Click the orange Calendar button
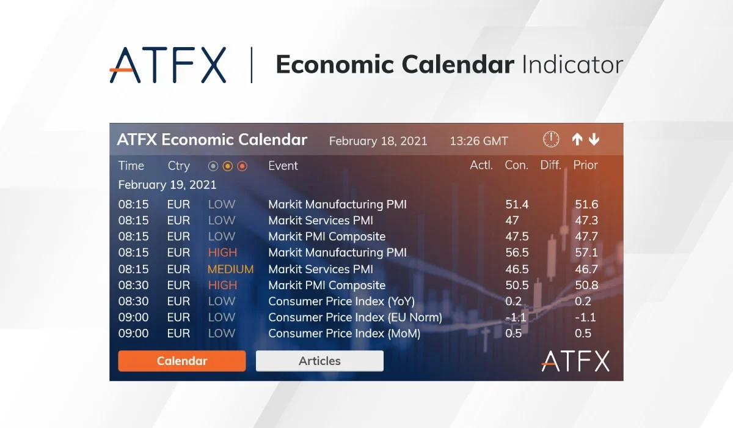[x=182, y=361]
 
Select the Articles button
[x=319, y=361]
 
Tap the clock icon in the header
[x=551, y=139]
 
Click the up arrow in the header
[x=577, y=139]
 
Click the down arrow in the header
[x=594, y=139]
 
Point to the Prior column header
[x=585, y=165]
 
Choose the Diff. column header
[x=551, y=165]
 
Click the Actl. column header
[x=481, y=165]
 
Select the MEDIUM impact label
[x=231, y=269]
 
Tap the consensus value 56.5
[x=517, y=253]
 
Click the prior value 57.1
[x=586, y=253]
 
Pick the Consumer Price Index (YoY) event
[x=341, y=301]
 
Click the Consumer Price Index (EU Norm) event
[x=356, y=317]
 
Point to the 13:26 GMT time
[x=479, y=141]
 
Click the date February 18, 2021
[x=378, y=141]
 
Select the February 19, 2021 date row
[x=167, y=185]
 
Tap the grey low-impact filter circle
[x=213, y=166]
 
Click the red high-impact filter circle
[x=242, y=166]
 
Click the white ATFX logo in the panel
[x=575, y=361]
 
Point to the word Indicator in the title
[x=573, y=65]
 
